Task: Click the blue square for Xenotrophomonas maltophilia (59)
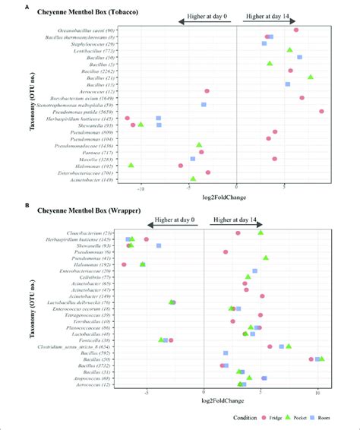204,105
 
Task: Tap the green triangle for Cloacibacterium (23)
261,232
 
